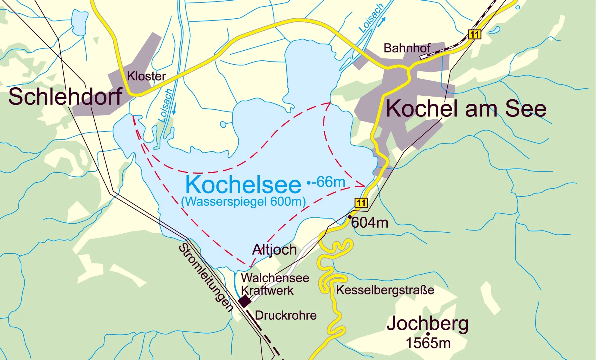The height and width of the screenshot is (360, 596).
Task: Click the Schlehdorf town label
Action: coord(65,97)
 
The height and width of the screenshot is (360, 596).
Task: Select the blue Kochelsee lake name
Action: coord(243,185)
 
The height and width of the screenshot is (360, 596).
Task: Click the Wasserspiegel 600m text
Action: coord(243,202)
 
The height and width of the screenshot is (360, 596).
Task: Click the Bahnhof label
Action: coord(407,48)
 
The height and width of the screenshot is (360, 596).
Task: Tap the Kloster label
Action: coord(146,76)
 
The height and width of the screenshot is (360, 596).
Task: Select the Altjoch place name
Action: coord(274,250)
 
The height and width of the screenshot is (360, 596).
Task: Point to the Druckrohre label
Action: coord(286,316)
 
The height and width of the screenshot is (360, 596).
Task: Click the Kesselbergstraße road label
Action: coord(385,290)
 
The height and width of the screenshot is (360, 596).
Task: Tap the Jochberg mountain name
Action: coord(427,324)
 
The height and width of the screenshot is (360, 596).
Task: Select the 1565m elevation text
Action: coord(428,343)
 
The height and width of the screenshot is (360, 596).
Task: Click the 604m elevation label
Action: coord(370,223)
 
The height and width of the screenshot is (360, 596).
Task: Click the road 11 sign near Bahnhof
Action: coord(474,34)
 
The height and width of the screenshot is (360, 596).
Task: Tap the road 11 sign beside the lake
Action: coord(361,203)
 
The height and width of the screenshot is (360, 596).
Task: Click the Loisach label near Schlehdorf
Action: coord(165,106)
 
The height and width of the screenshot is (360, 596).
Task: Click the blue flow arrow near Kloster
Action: coord(174,108)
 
